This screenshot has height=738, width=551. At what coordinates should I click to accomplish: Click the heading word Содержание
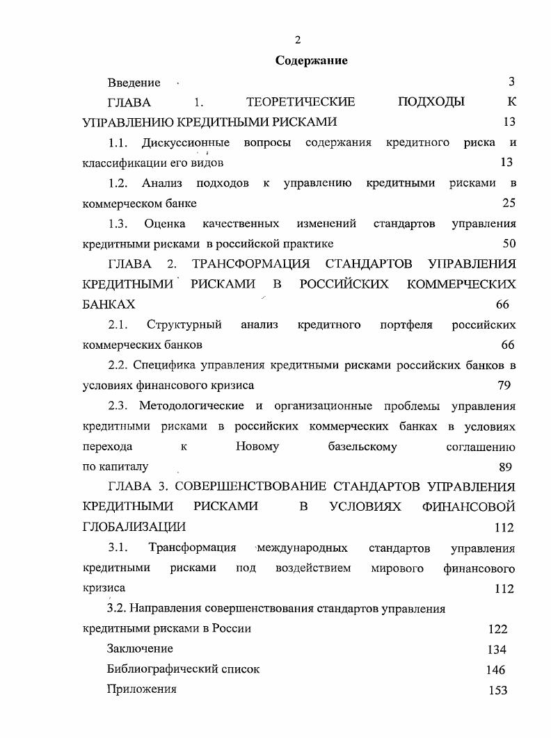pyautogui.click(x=311, y=60)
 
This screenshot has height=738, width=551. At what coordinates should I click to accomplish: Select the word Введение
pyautogui.click(x=134, y=83)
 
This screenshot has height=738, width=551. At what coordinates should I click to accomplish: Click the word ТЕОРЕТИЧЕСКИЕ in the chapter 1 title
pyautogui.click(x=301, y=102)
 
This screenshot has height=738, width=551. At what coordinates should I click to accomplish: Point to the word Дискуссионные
pyautogui.click(x=186, y=142)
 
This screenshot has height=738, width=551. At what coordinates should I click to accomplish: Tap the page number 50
pyautogui.click(x=509, y=243)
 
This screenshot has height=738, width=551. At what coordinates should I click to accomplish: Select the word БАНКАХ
pyautogui.click(x=109, y=304)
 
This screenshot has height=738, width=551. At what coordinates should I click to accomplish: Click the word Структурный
pyautogui.click(x=184, y=325)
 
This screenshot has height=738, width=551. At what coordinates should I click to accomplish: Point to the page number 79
pyautogui.click(x=504, y=384)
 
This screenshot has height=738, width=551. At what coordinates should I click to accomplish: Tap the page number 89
pyautogui.click(x=506, y=466)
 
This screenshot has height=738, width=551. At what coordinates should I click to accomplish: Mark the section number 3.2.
pyautogui.click(x=116, y=608)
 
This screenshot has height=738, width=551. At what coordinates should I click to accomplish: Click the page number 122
pyautogui.click(x=497, y=629)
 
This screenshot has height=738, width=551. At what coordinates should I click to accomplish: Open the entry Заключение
pyautogui.click(x=140, y=648)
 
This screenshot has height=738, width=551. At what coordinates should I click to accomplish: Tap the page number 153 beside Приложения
pyautogui.click(x=497, y=690)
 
